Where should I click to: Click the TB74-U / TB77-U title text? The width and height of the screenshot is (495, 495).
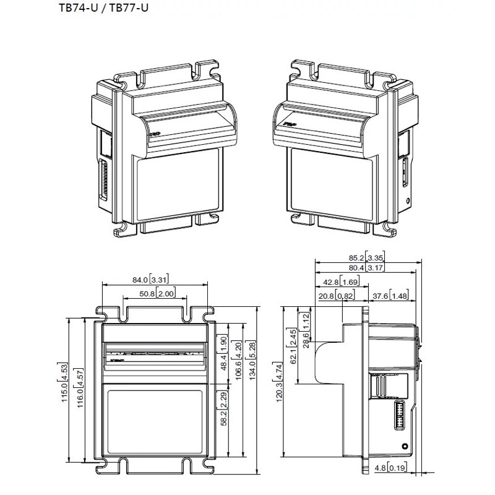(103, 7)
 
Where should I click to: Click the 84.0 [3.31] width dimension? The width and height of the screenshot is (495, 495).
(150, 280)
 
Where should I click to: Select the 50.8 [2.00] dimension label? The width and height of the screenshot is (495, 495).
(157, 293)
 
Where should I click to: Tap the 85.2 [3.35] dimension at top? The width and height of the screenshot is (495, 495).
(366, 257)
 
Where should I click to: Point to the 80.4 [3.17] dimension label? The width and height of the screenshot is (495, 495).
(366, 268)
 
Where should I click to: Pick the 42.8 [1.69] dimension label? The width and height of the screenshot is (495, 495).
(341, 282)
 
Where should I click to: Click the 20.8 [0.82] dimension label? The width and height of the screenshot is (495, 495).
(337, 296)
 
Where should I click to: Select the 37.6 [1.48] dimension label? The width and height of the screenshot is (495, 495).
(390, 296)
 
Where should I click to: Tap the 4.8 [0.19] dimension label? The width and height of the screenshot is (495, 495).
(390, 467)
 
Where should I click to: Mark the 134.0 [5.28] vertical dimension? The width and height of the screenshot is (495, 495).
(252, 361)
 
